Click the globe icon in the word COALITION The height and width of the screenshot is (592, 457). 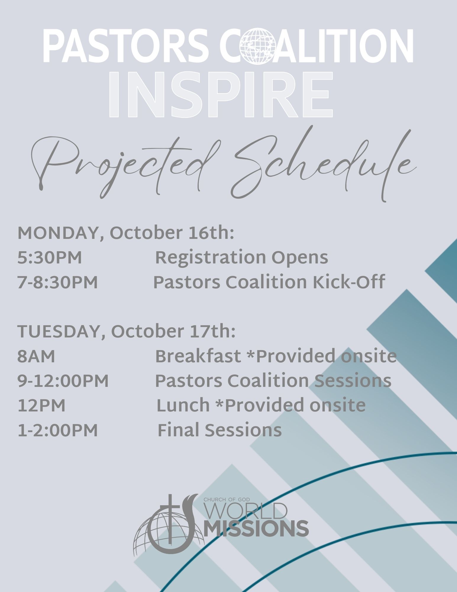point(258,46)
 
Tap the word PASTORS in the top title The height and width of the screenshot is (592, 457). point(126,46)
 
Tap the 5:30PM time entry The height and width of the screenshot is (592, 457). point(50,258)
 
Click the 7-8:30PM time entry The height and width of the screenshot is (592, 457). point(58,282)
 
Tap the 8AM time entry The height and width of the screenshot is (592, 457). point(36,356)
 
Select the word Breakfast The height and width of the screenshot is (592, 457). point(198,356)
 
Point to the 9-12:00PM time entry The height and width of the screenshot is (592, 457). point(63,381)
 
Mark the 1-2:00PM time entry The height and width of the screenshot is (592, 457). point(58,430)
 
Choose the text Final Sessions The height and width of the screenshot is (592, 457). point(220,430)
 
